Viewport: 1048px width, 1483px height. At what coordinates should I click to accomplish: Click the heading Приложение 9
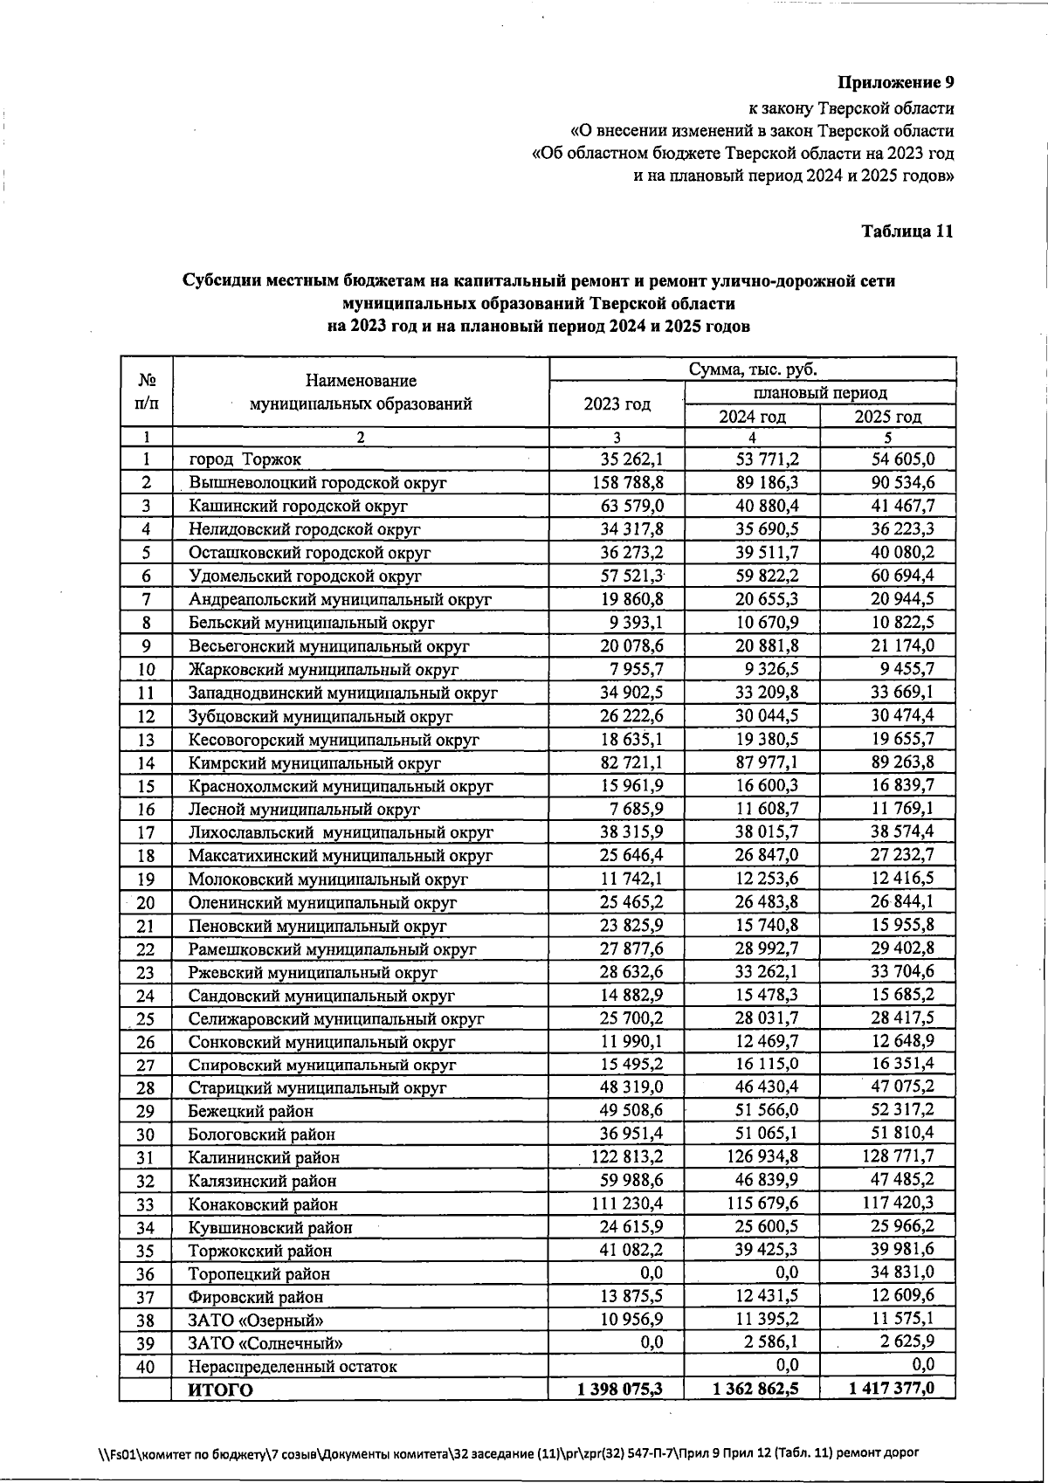(895, 83)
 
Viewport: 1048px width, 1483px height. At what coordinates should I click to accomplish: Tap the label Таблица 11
(907, 231)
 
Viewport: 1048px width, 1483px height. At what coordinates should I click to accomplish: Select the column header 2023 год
(617, 404)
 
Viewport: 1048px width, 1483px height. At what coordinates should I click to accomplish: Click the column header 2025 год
(887, 417)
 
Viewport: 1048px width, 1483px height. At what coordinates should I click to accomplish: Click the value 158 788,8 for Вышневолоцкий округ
(631, 482)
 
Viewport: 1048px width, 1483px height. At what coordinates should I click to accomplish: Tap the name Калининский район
(264, 1157)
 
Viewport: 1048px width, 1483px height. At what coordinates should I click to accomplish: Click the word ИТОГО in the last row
(221, 1390)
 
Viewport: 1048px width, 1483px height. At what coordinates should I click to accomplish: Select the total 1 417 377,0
(891, 1389)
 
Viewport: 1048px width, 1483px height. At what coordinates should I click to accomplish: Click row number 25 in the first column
(146, 1018)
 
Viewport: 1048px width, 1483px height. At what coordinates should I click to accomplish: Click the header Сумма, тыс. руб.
(752, 369)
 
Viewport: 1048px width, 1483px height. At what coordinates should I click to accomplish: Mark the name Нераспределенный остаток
(293, 1367)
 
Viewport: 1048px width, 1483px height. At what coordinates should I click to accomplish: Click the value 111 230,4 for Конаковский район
(631, 1204)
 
